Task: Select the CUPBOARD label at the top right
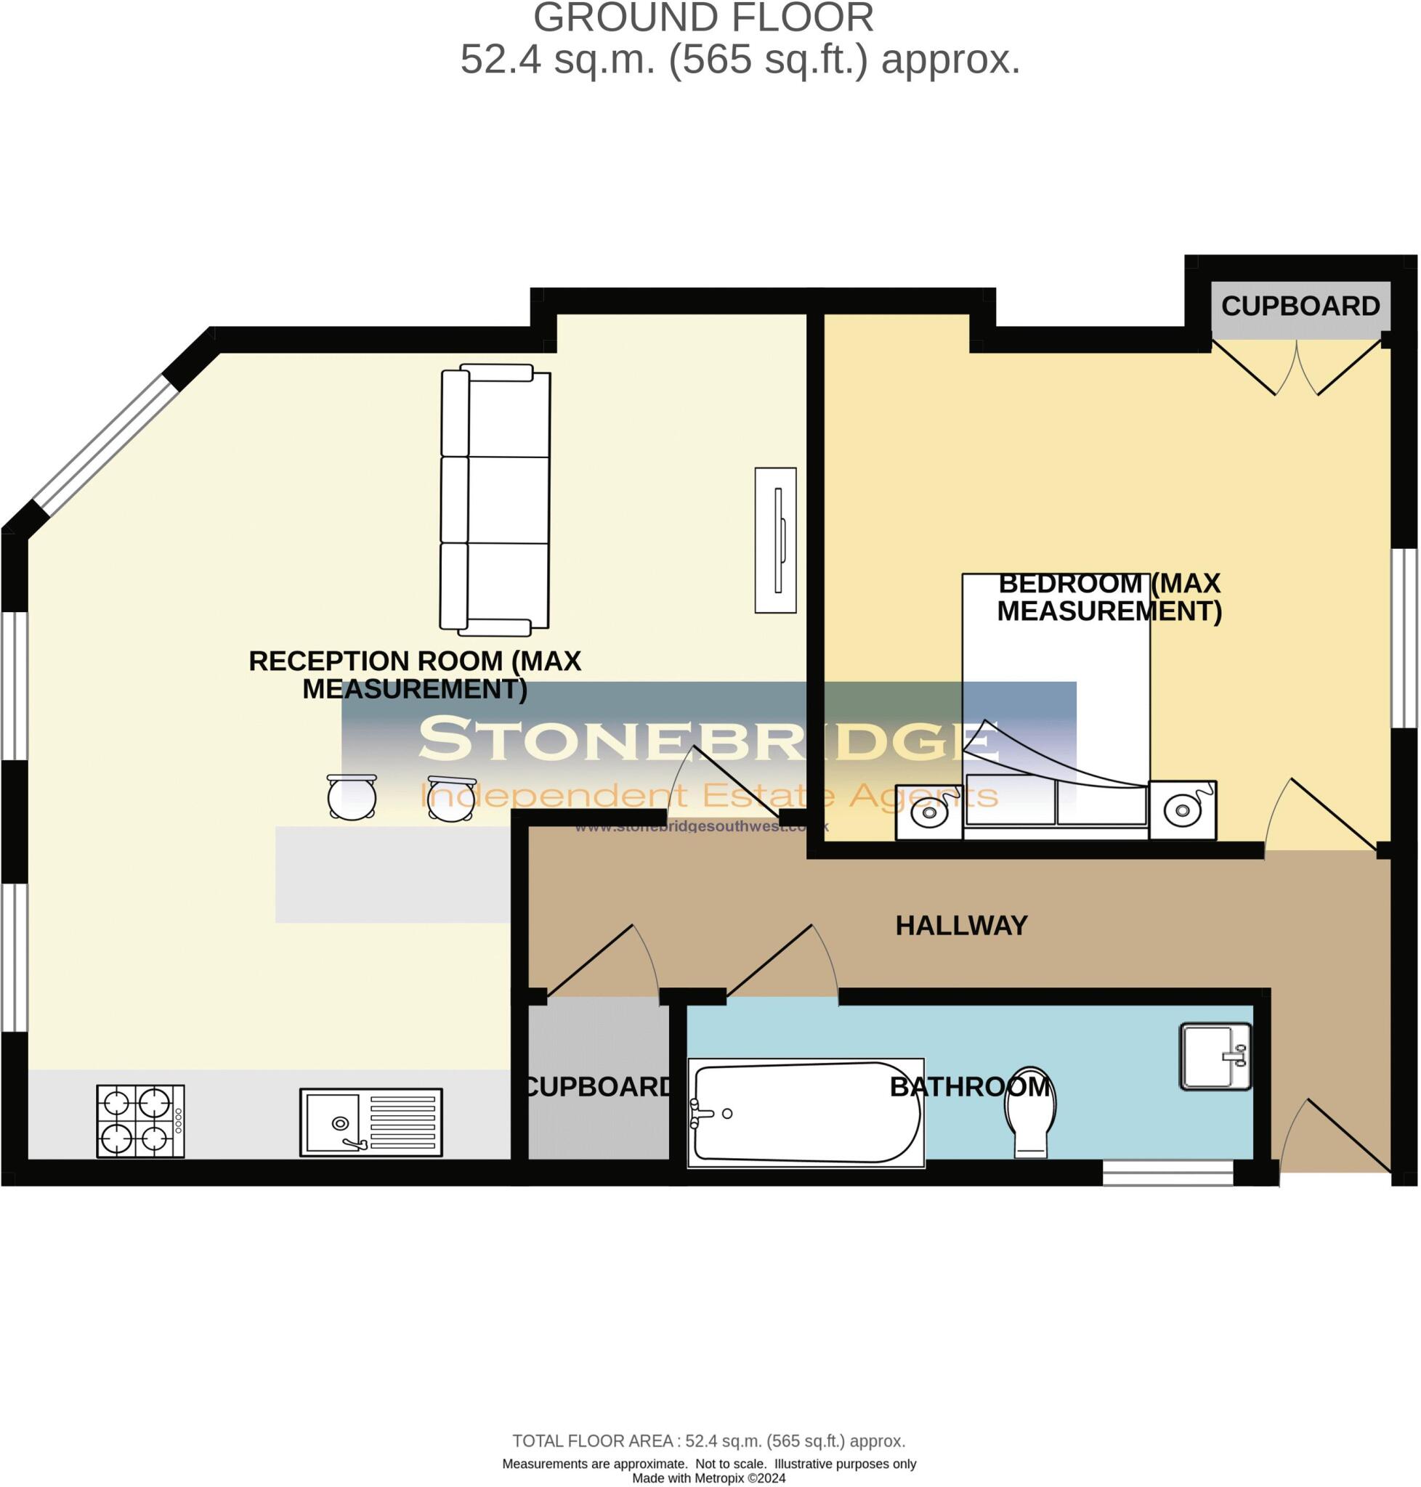[1300, 306]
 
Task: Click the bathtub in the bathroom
[806, 1113]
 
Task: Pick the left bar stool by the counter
[352, 797]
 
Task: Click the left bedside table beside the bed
[928, 812]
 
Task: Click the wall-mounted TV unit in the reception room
[775, 539]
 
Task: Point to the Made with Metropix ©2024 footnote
[708, 1477]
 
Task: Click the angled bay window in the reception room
[106, 444]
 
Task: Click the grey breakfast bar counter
[392, 873]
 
